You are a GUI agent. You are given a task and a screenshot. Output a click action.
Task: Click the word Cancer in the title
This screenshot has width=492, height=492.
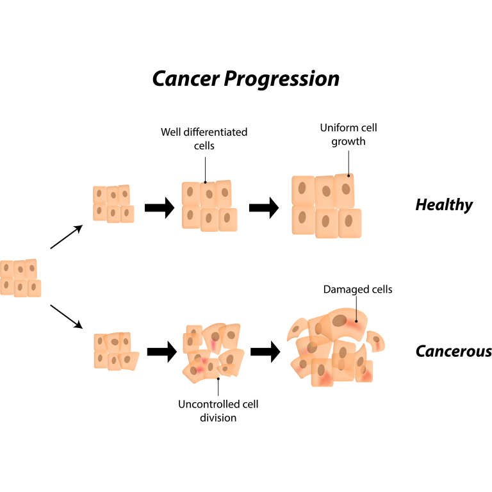point(184,78)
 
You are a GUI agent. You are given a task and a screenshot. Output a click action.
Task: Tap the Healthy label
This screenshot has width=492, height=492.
point(444,205)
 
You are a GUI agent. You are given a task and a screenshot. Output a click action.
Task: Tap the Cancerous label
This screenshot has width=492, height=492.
point(454,351)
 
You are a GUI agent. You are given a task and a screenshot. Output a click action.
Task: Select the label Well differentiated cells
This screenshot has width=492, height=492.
point(204,138)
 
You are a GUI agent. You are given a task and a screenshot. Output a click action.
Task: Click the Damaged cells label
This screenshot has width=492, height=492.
point(357,290)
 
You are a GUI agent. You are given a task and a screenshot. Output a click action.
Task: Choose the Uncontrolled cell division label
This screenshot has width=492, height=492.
point(218,411)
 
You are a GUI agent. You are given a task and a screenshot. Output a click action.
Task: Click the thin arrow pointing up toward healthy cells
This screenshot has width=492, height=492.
point(66,237)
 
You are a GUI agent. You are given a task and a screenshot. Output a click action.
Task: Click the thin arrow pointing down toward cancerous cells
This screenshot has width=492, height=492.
point(66,318)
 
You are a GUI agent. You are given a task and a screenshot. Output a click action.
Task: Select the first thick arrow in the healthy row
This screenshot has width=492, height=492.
point(160,208)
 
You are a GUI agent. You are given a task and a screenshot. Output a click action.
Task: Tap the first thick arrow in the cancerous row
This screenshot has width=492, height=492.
point(161,351)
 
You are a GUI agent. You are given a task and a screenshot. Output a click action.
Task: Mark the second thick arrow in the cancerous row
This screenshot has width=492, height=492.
point(265,351)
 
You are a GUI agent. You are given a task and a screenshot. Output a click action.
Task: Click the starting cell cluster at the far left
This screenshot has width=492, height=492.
point(20,277)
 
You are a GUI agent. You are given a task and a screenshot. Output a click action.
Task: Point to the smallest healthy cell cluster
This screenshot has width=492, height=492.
point(113,204)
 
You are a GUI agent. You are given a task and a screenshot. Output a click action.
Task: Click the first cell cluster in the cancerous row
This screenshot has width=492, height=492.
point(116,351)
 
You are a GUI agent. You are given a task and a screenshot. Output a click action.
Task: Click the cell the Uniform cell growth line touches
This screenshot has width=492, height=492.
point(345,189)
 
